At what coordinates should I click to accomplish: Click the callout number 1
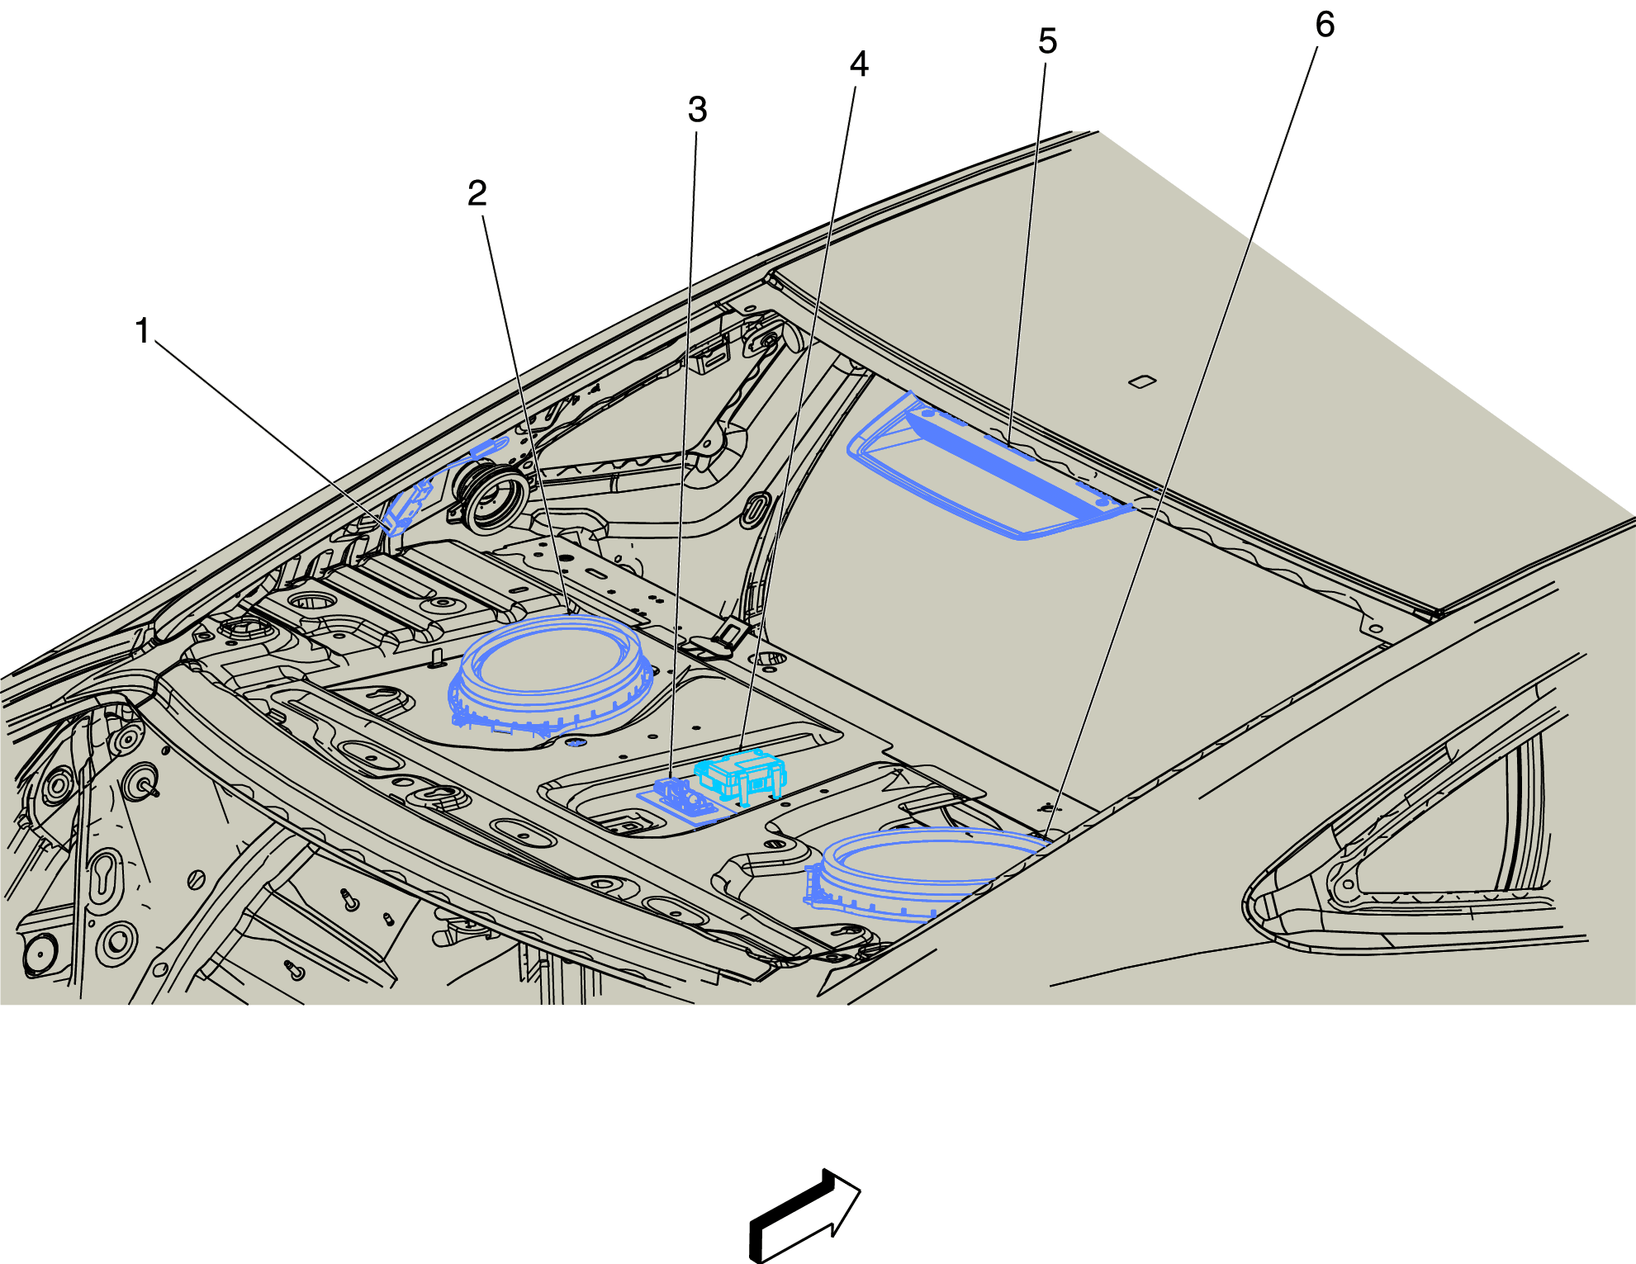coord(143,330)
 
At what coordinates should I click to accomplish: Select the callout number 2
coord(477,193)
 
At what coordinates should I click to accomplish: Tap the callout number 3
coord(698,109)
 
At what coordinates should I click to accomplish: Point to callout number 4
coord(860,64)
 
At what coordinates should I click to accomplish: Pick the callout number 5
coord(1048,40)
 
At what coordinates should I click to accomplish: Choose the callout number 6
coord(1325,24)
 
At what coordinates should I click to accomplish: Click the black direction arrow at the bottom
coord(805,1216)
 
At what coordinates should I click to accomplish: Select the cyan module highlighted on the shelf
coord(741,775)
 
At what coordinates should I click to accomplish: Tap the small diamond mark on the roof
coord(1142,381)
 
